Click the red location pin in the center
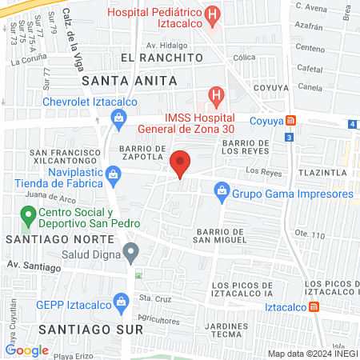(181, 162)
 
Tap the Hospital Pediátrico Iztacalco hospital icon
(212, 14)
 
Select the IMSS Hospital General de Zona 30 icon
(214, 96)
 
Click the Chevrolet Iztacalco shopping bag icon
(119, 119)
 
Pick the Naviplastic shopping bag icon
(114, 172)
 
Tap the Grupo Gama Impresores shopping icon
(222, 192)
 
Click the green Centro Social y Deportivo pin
(27, 214)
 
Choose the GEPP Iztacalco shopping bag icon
(122, 301)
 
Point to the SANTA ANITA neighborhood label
(122, 80)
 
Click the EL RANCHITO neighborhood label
(161, 58)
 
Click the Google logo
(27, 350)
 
